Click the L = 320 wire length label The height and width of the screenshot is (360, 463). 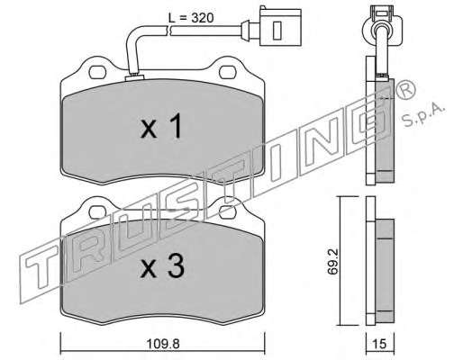pyautogui.click(x=191, y=18)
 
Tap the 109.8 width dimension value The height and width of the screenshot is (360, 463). pyautogui.click(x=163, y=344)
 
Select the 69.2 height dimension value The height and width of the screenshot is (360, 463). pyautogui.click(x=333, y=261)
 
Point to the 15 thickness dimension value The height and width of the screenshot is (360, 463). pyautogui.click(x=379, y=344)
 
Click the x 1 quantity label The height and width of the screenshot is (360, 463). pyautogui.click(x=161, y=126)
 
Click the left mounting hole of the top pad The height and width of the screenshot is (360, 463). pyautogui.click(x=97, y=72)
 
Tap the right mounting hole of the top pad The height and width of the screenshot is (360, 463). pyautogui.click(x=228, y=72)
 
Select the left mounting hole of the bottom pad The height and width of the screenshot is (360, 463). pyautogui.click(x=97, y=211)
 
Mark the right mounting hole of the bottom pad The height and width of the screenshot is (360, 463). pyautogui.click(x=227, y=211)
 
